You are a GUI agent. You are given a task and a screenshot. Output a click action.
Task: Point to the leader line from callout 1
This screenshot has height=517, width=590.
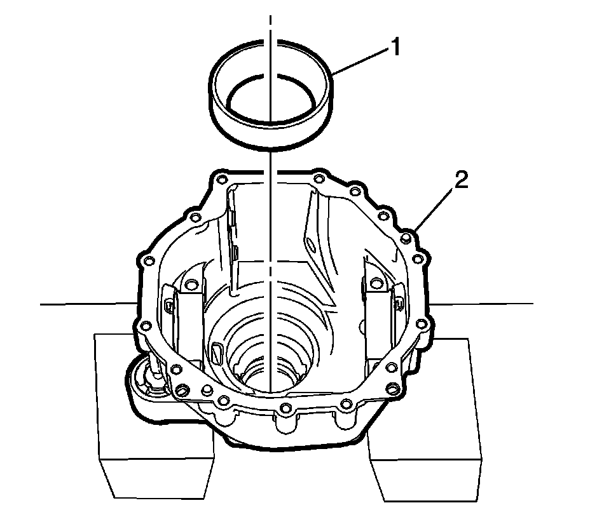click(360, 60)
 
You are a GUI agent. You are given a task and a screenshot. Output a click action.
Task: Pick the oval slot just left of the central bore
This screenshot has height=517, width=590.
click(217, 352)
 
